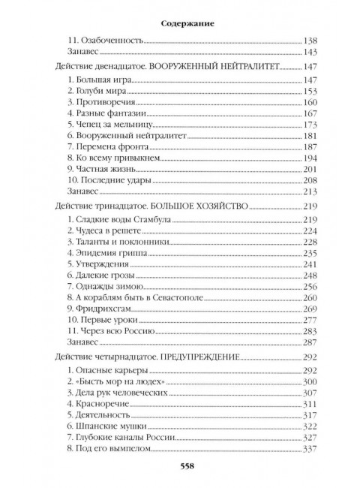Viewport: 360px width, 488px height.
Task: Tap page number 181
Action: click(x=308, y=137)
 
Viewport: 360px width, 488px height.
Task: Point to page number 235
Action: click(x=308, y=252)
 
